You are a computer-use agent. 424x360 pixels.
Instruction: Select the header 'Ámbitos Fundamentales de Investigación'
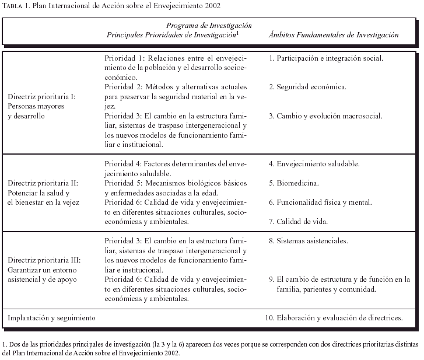click(334, 35)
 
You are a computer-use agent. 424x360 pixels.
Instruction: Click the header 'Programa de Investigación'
click(209, 26)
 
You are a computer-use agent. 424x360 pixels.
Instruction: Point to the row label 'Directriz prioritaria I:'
click(42, 97)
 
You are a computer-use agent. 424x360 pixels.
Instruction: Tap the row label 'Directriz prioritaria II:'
click(43, 183)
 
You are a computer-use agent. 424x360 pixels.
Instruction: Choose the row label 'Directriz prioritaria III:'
click(44, 260)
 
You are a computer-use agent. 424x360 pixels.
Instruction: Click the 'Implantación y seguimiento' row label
click(51, 318)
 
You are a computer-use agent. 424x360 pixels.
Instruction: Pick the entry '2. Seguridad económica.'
click(308, 87)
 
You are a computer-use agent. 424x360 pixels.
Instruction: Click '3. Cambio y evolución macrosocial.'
click(325, 116)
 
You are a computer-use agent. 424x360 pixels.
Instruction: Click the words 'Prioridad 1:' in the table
click(125, 58)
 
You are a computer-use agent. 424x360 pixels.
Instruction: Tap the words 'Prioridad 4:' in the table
click(125, 164)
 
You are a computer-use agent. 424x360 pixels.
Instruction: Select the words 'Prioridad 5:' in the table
click(125, 183)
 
